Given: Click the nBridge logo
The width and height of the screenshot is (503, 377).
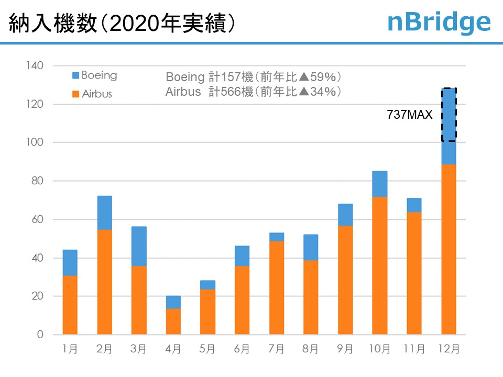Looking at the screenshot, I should point(439,21).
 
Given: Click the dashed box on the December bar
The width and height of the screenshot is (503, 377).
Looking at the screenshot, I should point(449,114).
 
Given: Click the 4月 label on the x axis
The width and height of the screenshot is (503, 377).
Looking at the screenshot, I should point(173,349).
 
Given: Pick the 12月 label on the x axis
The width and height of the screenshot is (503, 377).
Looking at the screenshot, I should point(449,349).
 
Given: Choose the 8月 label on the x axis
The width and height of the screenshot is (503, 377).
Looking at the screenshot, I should point(311,349).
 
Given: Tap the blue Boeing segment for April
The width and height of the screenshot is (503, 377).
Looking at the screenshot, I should point(173,302).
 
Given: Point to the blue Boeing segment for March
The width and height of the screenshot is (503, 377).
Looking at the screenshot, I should point(139,246).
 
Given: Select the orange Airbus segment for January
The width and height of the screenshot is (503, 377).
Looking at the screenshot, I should point(70,305).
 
